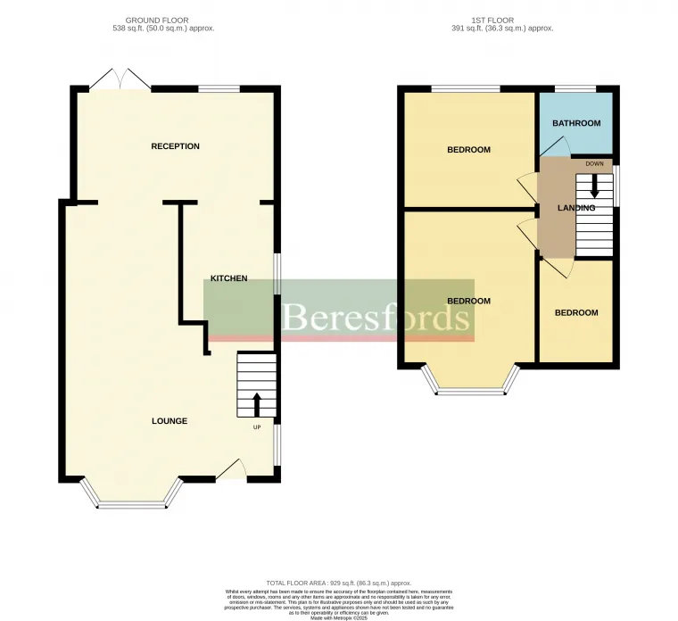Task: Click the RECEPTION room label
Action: pyautogui.click(x=175, y=146)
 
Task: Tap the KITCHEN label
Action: pyautogui.click(x=228, y=279)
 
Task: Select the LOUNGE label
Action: pyautogui.click(x=169, y=421)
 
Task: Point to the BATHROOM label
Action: pyautogui.click(x=575, y=123)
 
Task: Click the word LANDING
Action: pyautogui.click(x=575, y=208)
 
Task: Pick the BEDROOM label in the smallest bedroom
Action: pyautogui.click(x=575, y=313)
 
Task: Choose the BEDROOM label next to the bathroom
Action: pyautogui.click(x=468, y=150)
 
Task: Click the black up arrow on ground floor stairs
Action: pyautogui.click(x=257, y=404)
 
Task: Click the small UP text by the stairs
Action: pyautogui.click(x=258, y=426)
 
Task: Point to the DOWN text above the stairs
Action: pyautogui.click(x=594, y=164)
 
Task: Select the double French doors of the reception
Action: pyautogui.click(x=120, y=79)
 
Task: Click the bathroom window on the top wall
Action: pyautogui.click(x=575, y=88)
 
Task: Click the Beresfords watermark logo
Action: pyautogui.click(x=376, y=316)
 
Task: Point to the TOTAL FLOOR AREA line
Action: pyautogui.click(x=338, y=583)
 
